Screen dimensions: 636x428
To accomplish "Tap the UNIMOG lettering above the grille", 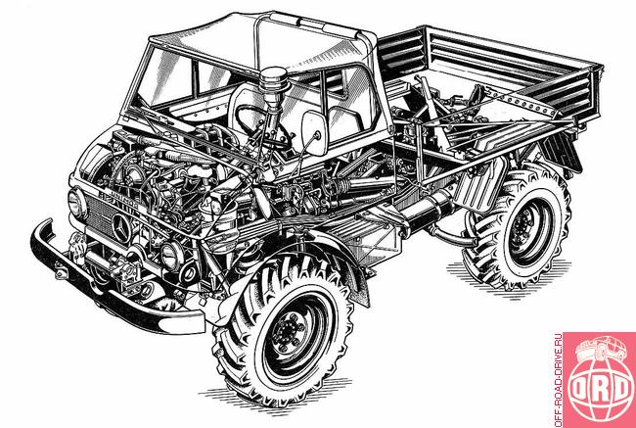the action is (118, 200).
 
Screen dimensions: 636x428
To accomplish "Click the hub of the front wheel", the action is (289, 332).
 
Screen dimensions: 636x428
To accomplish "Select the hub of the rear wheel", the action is (523, 228).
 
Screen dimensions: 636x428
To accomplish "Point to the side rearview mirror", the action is (314, 132).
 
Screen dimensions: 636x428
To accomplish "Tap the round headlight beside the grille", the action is (76, 203).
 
